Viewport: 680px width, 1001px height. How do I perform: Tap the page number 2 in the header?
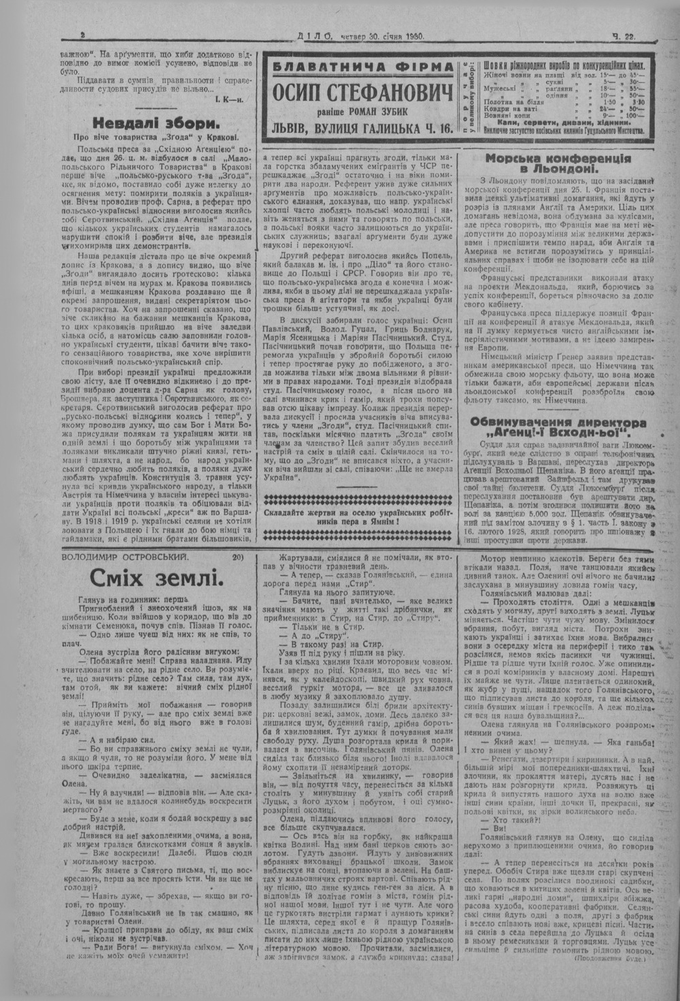click(82, 37)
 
